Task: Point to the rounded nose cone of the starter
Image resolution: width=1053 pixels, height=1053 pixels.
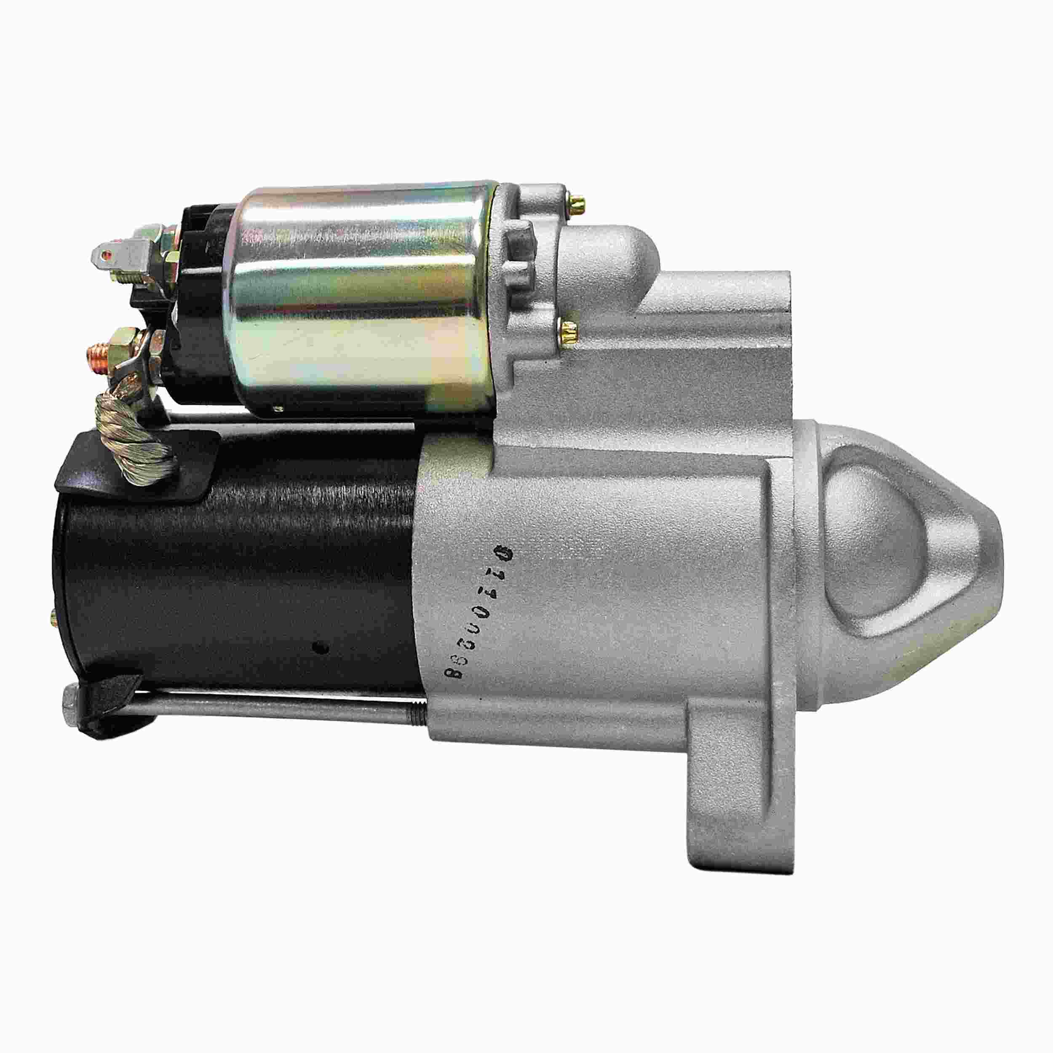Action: pos(894,545)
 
